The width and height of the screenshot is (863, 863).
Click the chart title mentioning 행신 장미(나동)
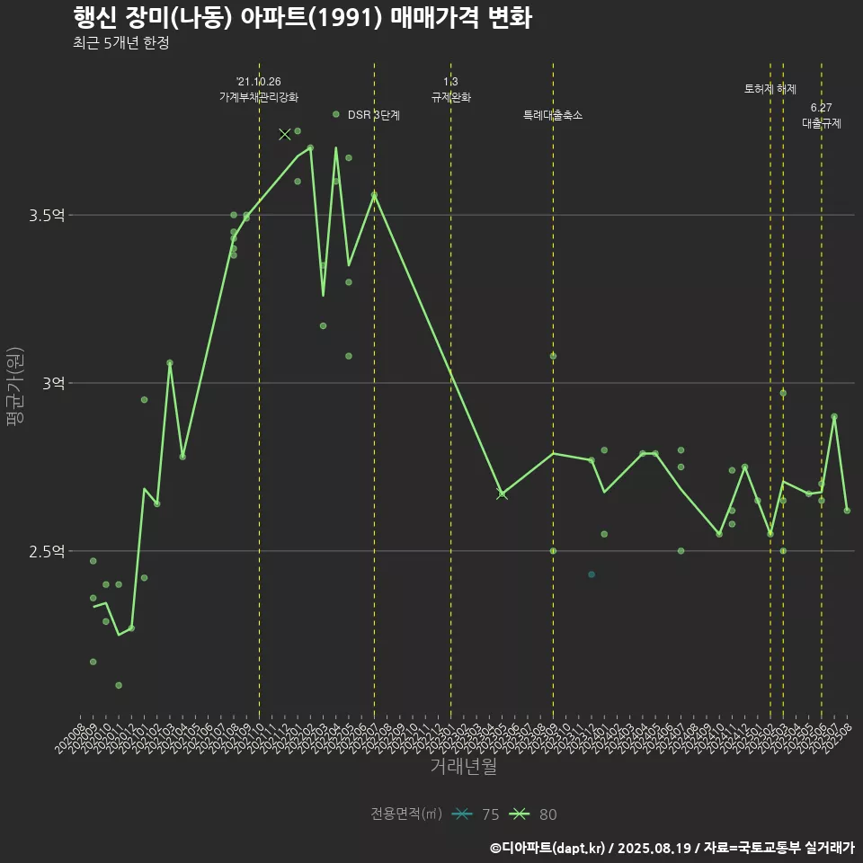click(301, 18)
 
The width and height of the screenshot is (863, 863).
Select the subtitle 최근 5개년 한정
click(120, 43)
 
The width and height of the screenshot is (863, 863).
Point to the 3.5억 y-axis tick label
click(47, 216)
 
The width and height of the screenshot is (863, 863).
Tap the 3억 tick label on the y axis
click(52, 384)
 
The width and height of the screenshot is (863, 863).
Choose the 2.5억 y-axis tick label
click(47, 551)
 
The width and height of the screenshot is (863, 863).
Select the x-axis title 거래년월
click(463, 767)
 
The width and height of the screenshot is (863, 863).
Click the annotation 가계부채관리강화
click(259, 97)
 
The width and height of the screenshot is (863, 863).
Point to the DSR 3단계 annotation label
click(374, 116)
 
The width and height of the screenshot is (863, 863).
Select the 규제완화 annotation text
click(451, 97)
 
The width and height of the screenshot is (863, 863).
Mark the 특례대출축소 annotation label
click(553, 116)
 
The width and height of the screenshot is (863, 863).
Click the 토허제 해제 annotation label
click(770, 89)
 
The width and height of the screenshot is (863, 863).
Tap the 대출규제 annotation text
click(822, 124)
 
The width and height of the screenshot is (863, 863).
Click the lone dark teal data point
click(592, 574)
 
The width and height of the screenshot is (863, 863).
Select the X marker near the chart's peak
click(285, 134)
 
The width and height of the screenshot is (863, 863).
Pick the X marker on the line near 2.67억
click(502, 494)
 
